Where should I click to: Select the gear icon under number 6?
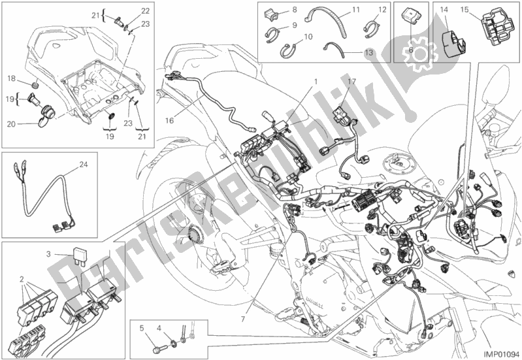(x=414, y=63)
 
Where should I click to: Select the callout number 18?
(x=11, y=79)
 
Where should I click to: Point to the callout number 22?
(x=145, y=10)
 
